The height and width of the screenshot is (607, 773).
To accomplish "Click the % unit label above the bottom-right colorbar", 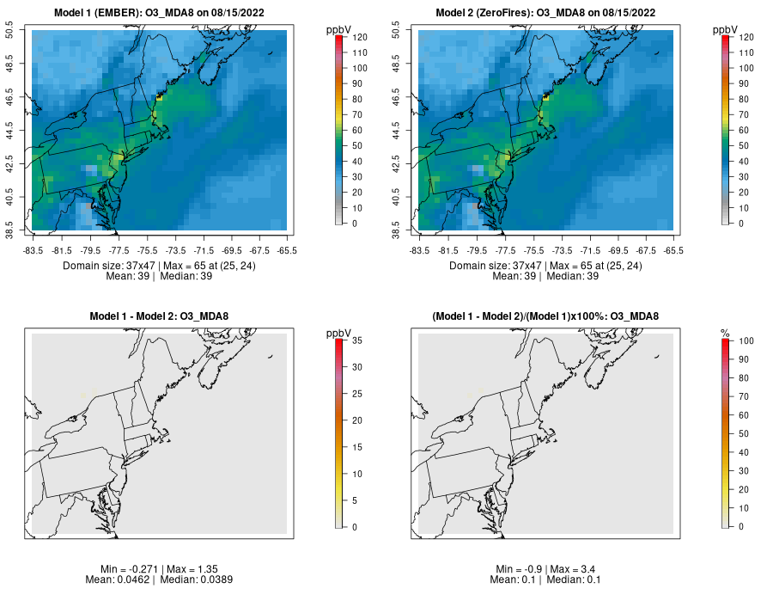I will pyautogui.click(x=725, y=333).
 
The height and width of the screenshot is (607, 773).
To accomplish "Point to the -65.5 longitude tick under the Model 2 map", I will pyautogui.click(x=673, y=250).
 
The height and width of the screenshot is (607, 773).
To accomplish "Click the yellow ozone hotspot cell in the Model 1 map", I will pyautogui.click(x=159, y=99).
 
